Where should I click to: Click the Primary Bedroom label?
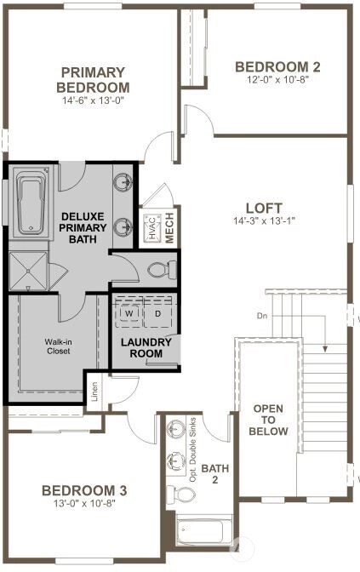[x=93, y=80]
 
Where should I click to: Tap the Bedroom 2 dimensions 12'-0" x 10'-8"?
[x=278, y=80]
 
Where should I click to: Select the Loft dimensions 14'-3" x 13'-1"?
[x=264, y=220]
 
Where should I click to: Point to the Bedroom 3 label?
[x=84, y=490]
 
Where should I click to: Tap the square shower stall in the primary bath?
[x=28, y=271]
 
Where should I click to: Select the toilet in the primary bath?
[x=163, y=270]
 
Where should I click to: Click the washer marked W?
[x=129, y=313]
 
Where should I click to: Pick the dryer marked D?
[x=157, y=313]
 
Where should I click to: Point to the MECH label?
[x=169, y=227]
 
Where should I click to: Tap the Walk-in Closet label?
[x=59, y=346]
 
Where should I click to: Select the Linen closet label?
[x=94, y=392]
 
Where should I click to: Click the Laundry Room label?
[x=146, y=348]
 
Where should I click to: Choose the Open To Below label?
[x=268, y=420]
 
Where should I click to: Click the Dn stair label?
[x=262, y=316]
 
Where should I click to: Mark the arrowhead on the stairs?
[x=324, y=349]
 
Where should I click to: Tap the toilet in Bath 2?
[x=181, y=495]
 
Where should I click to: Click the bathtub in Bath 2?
[x=202, y=531]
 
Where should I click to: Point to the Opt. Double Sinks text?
[x=193, y=449]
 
